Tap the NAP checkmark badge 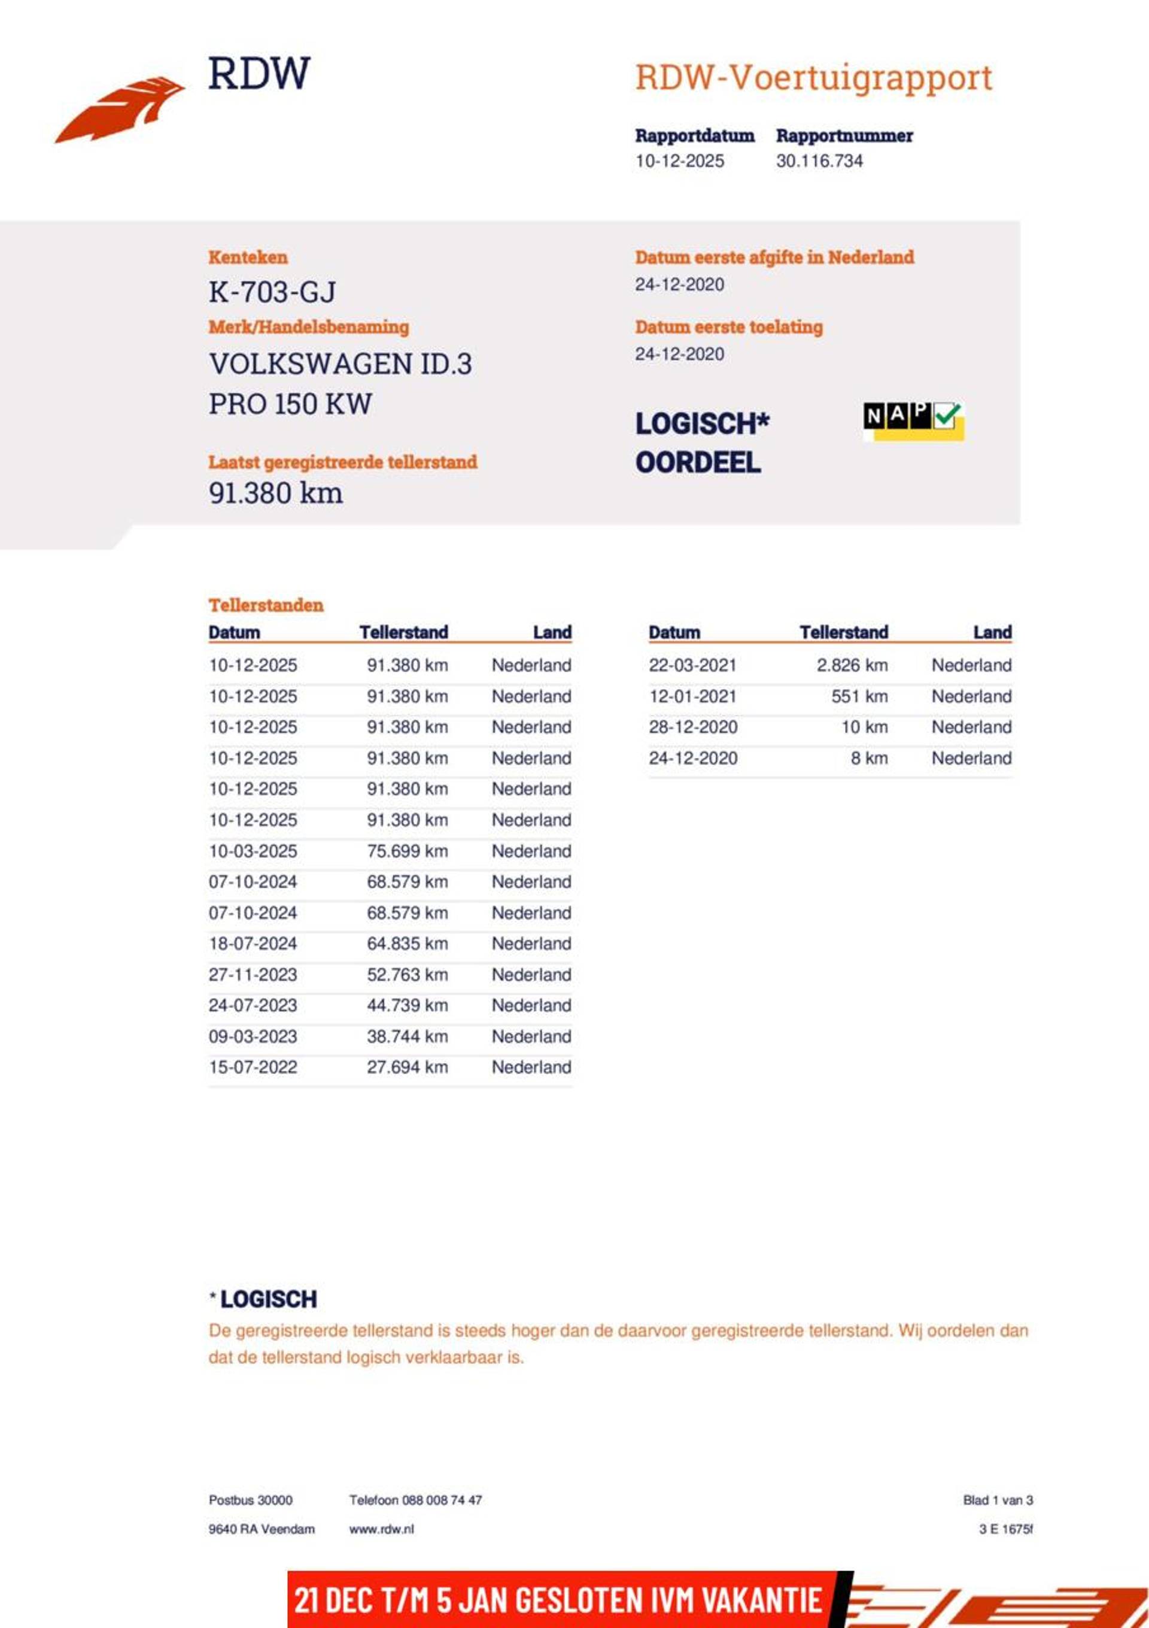[x=913, y=420]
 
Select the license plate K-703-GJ [x=272, y=292]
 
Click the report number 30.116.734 [x=819, y=161]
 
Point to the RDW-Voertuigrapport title [x=813, y=77]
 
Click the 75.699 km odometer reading [x=407, y=851]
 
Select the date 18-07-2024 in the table [x=253, y=944]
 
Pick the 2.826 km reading [x=852, y=665]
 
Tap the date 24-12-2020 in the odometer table [x=692, y=758]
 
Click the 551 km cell [x=859, y=696]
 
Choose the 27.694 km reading [x=407, y=1067]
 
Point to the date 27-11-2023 [x=253, y=974]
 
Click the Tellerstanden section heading [x=266, y=605]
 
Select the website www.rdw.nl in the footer [x=381, y=1529]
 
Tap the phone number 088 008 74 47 [x=442, y=1500]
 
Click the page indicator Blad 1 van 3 [x=998, y=1500]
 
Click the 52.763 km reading [x=407, y=974]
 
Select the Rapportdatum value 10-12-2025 [x=679, y=161]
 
